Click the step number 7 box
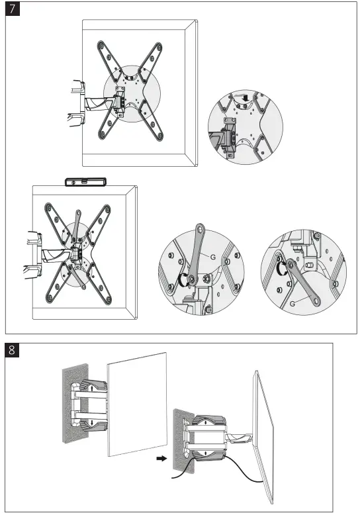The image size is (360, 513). (x=13, y=11)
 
